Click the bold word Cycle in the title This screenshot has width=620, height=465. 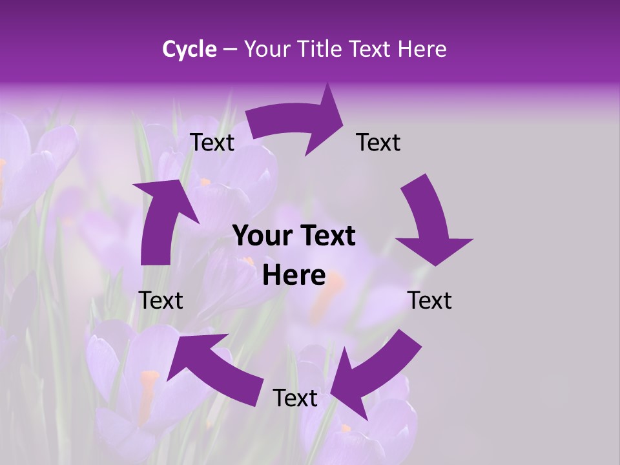[x=189, y=49]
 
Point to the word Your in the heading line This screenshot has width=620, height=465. [x=267, y=49]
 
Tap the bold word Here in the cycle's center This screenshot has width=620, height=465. [x=294, y=276]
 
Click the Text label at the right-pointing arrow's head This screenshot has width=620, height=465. [x=378, y=142]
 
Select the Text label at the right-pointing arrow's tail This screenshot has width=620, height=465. [x=212, y=142]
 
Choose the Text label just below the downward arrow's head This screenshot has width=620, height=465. [x=429, y=300]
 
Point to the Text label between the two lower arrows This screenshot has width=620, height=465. [x=295, y=398]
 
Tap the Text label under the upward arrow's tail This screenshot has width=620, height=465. [x=161, y=300]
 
